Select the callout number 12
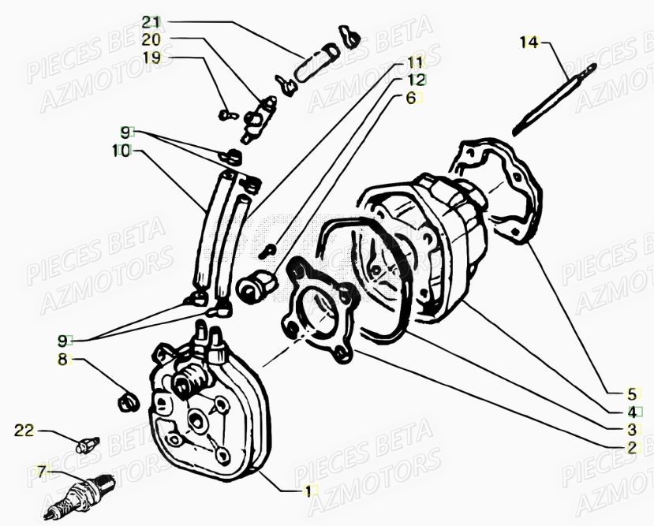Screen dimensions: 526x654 415,80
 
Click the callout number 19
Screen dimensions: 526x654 151,58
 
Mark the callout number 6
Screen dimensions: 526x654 410,98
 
